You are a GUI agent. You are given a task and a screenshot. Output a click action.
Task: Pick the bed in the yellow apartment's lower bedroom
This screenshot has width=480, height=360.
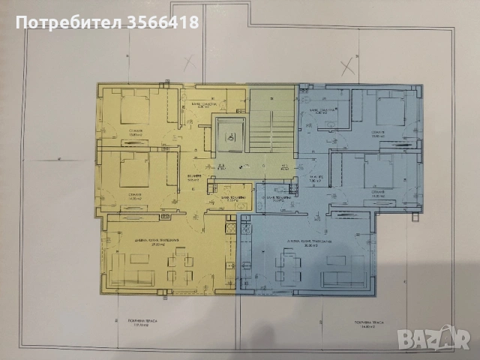[134, 169]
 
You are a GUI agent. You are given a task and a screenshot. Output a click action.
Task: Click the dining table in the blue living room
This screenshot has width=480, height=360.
[288, 264]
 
